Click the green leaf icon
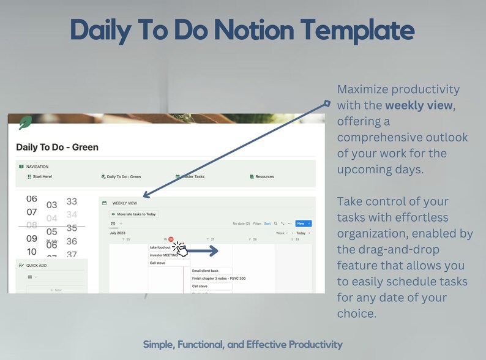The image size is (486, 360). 25,123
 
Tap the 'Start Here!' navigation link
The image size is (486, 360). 40,176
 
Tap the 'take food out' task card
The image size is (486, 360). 161,247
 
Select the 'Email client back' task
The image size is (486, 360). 205,271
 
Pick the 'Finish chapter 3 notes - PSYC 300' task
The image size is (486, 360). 219,279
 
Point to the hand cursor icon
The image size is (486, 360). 180,249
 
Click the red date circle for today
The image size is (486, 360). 171,239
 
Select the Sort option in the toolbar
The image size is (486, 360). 267,223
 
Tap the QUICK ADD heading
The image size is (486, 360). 36,265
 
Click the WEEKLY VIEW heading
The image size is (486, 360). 125,203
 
